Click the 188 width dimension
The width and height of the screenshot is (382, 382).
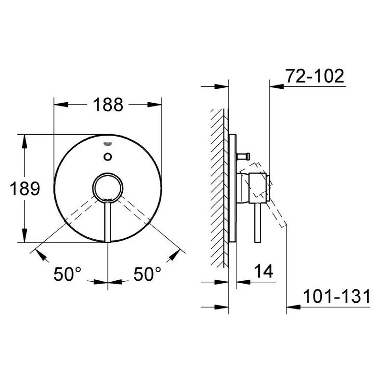click(x=107, y=104)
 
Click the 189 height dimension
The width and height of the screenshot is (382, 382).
click(x=25, y=189)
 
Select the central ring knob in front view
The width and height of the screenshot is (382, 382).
click(x=107, y=187)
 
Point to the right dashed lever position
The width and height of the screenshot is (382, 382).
click(x=134, y=210)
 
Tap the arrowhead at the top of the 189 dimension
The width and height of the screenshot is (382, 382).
click(x=22, y=139)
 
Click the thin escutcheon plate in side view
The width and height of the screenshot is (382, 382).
click(x=233, y=189)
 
